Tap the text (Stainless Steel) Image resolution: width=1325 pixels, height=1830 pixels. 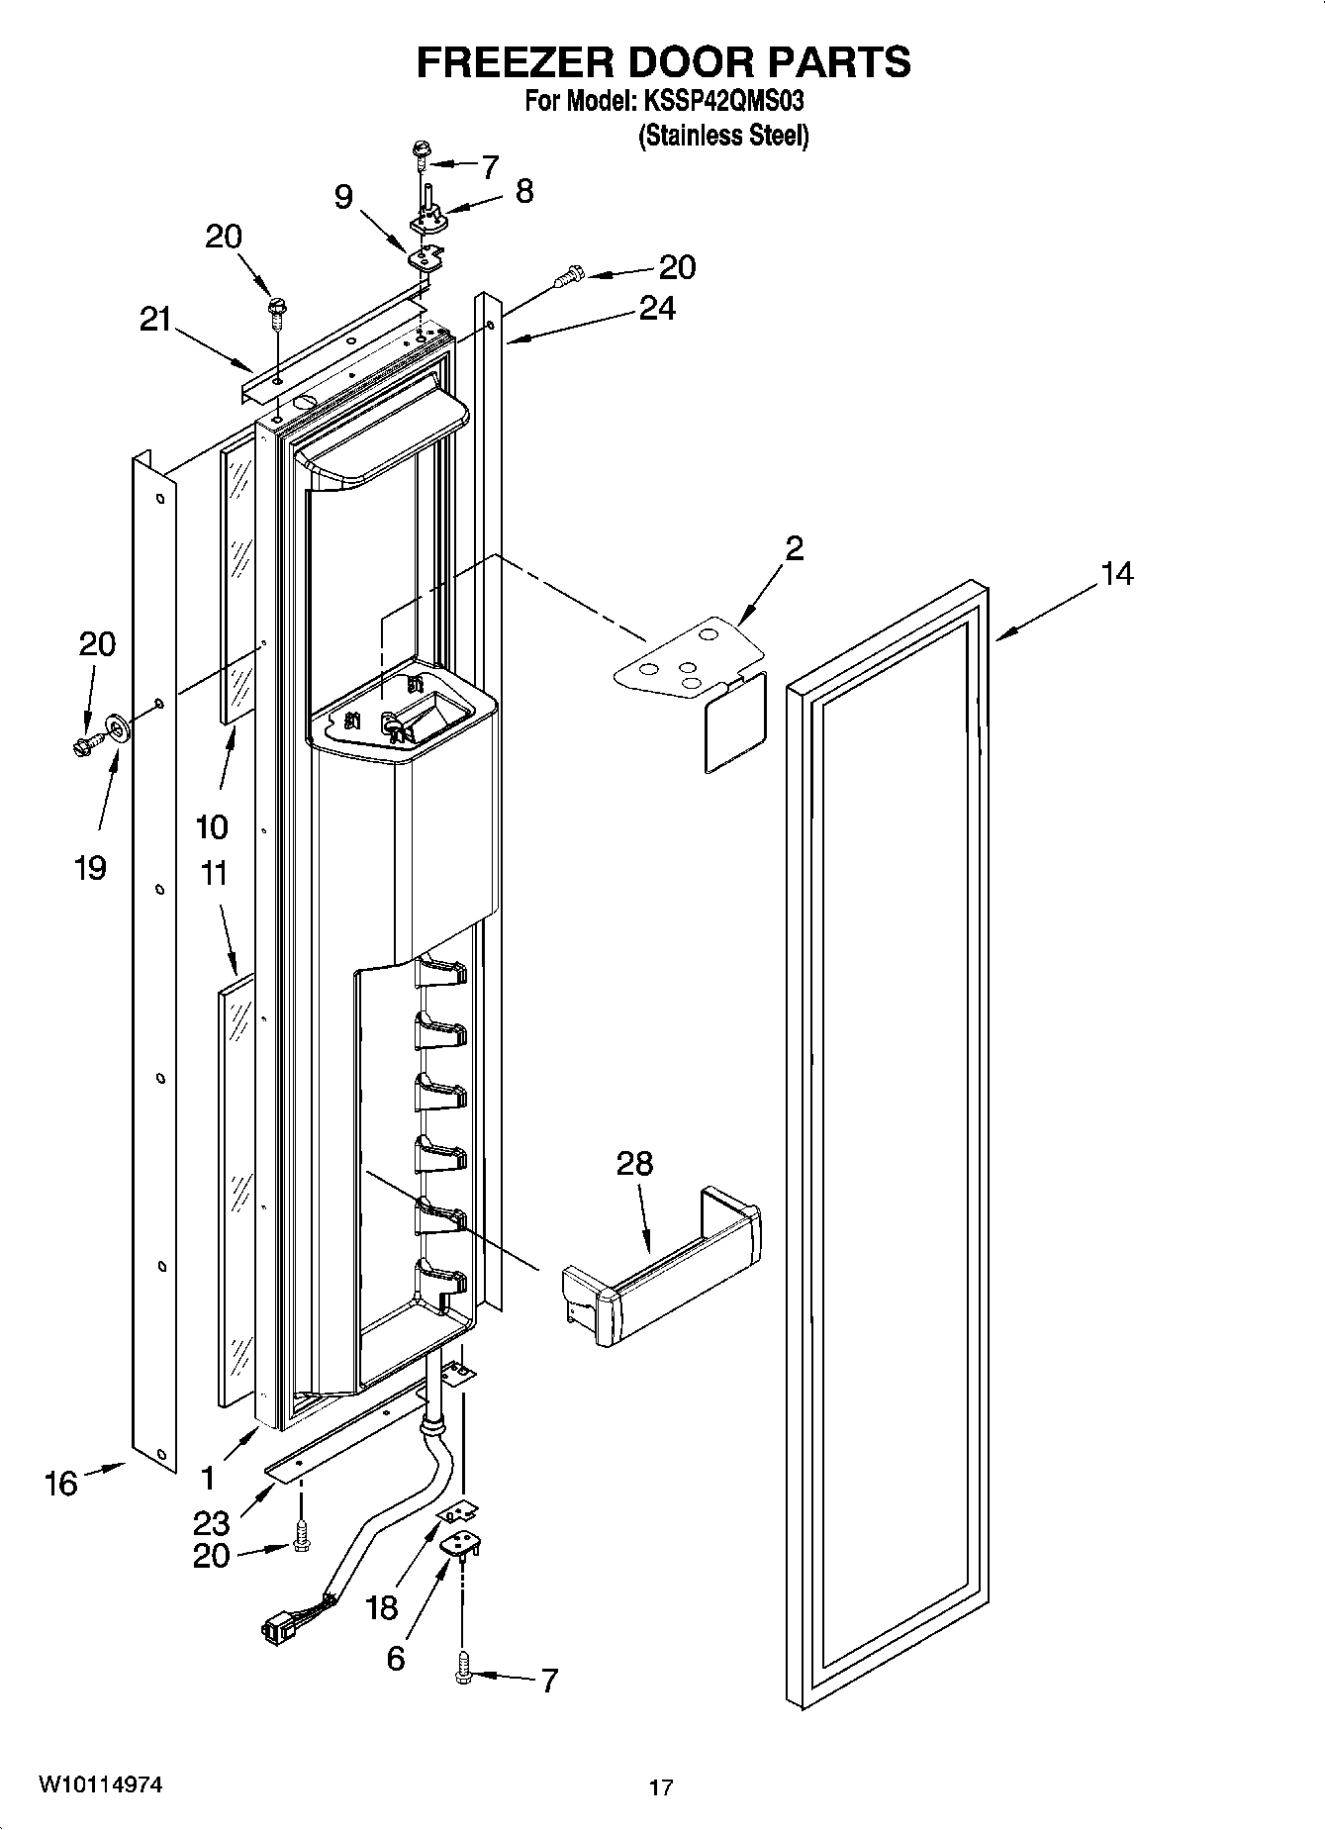click(x=723, y=136)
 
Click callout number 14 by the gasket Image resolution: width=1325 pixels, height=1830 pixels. click(x=1117, y=573)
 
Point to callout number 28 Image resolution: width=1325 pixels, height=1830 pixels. click(x=634, y=1163)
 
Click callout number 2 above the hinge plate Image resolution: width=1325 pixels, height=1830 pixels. click(x=794, y=547)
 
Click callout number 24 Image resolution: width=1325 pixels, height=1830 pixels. click(x=657, y=309)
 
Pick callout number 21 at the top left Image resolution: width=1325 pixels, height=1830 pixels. click(x=154, y=321)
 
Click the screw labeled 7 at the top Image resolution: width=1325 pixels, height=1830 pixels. click(x=423, y=150)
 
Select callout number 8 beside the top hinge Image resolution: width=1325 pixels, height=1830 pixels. click(x=524, y=191)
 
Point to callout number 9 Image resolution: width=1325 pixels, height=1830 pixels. click(x=342, y=197)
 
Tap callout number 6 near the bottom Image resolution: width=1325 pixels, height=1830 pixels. click(x=395, y=1658)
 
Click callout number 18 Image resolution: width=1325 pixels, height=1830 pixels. click(x=381, y=1607)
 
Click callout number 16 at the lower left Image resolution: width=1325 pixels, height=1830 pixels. click(x=60, y=1484)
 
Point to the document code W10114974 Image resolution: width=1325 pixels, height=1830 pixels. click(x=101, y=1784)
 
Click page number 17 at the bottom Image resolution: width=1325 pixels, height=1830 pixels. click(x=661, y=1787)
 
